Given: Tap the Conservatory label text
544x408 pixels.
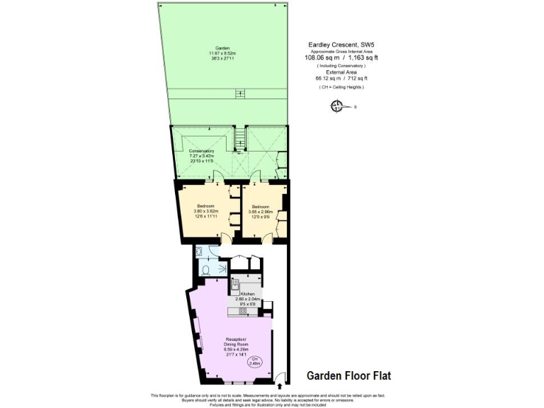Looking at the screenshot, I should tap(201, 151).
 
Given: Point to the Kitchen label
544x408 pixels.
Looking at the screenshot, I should tap(247, 293).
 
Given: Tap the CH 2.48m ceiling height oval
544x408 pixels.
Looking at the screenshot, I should tap(255, 362).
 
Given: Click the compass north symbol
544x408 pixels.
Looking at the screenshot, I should tap(337, 107).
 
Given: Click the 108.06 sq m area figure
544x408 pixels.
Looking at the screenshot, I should tap(321, 58).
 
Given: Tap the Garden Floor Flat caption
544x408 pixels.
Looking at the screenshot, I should tap(348, 375).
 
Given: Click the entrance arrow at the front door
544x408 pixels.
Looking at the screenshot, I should tap(281, 387).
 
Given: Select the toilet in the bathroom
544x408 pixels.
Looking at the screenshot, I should tap(204, 269).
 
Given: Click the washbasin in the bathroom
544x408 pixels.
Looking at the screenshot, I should tap(200, 251).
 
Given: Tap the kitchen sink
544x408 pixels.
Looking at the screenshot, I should tap(234, 285).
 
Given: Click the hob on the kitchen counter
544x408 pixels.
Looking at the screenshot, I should tap(242, 310).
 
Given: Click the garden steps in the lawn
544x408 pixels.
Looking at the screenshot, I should tap(239, 93).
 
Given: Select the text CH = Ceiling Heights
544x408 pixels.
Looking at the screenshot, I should tap(341, 86).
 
